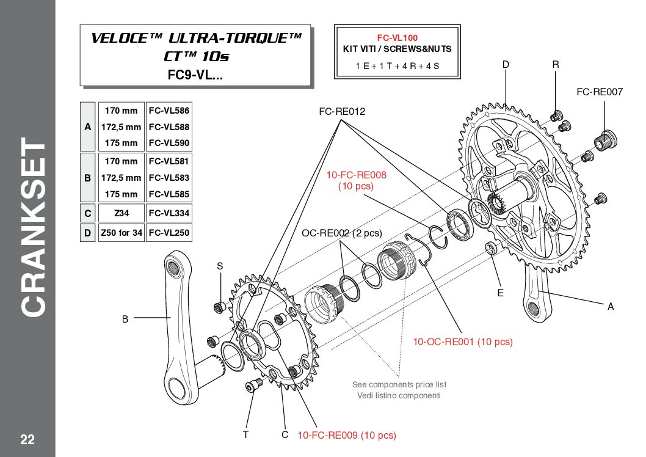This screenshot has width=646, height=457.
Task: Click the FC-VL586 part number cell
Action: (x=169, y=111)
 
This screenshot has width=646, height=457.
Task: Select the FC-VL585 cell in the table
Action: (x=169, y=194)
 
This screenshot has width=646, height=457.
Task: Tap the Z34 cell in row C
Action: (x=121, y=214)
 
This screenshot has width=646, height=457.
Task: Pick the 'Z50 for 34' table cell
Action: (x=121, y=233)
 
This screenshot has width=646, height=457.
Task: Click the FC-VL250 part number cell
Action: (x=169, y=233)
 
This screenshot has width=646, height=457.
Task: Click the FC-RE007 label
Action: (x=599, y=92)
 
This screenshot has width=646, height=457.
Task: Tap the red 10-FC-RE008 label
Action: (x=356, y=175)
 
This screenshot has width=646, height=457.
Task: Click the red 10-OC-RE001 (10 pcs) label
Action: (x=463, y=342)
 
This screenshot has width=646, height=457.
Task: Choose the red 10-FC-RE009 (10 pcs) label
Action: (x=347, y=436)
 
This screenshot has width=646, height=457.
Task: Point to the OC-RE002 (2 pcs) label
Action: (x=341, y=233)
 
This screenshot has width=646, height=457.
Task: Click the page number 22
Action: (x=27, y=439)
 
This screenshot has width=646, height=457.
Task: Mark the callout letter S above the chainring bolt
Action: (x=220, y=266)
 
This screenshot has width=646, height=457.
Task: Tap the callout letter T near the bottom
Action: (x=245, y=435)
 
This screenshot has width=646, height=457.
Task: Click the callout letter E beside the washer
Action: (x=500, y=293)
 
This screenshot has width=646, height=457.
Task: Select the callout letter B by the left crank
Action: (x=125, y=318)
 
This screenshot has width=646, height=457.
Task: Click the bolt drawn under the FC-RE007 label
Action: (x=608, y=137)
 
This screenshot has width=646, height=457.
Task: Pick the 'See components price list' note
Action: (x=399, y=384)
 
